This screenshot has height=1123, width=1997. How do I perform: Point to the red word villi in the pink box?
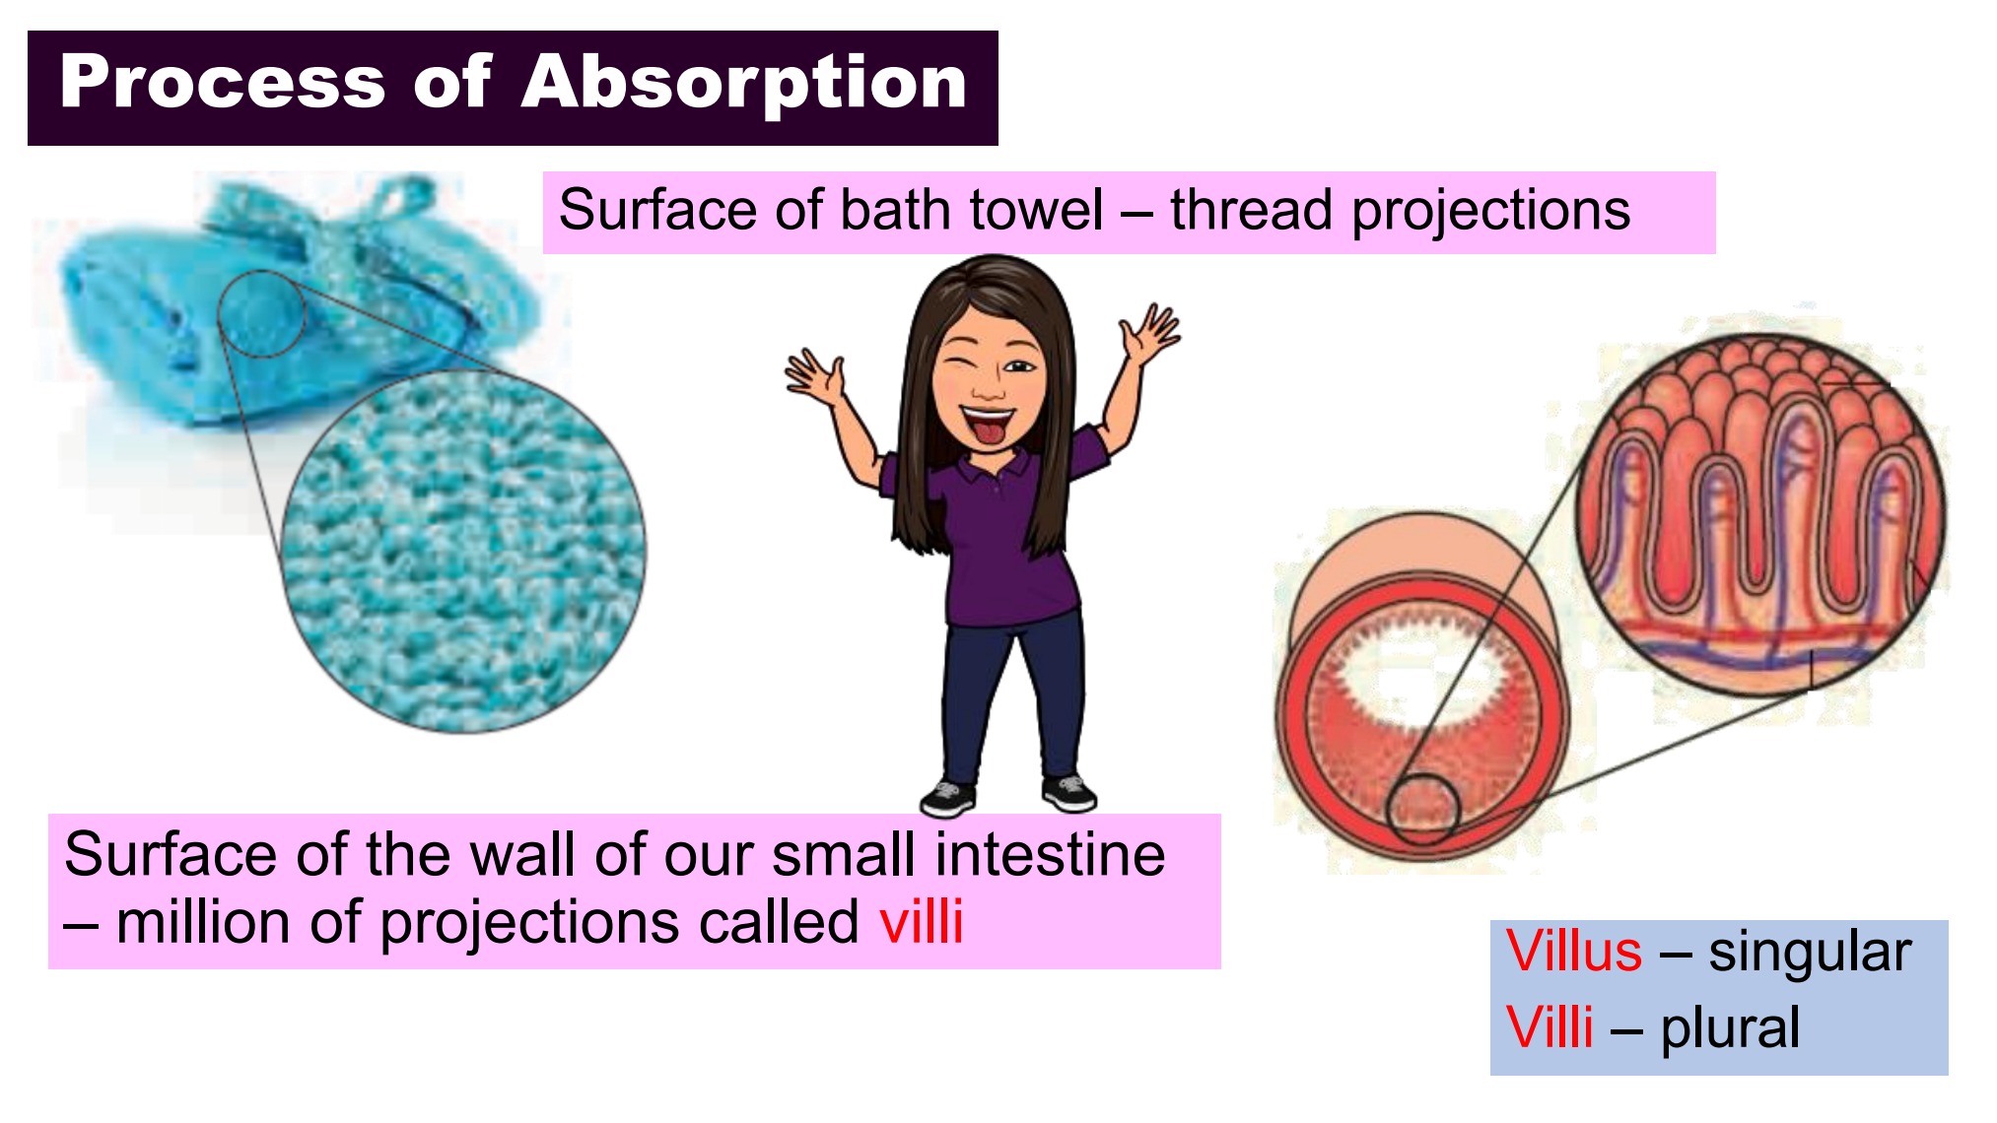[x=922, y=922]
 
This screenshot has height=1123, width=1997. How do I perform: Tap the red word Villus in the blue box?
[x=1574, y=952]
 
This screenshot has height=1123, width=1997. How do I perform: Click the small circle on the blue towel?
[x=262, y=314]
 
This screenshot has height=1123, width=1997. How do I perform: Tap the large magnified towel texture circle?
[x=463, y=551]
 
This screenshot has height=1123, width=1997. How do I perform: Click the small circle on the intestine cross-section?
[x=1422, y=809]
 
